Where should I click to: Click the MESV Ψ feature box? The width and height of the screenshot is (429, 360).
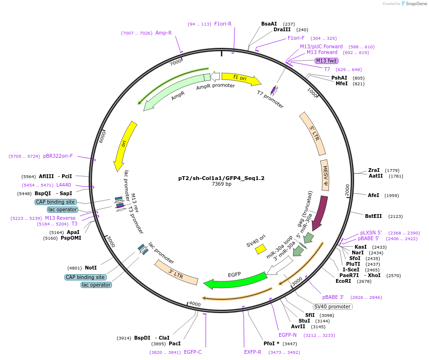click(325, 175)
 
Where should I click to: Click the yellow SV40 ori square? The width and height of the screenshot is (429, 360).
click(261, 249)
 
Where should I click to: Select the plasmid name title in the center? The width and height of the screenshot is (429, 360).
click(221, 178)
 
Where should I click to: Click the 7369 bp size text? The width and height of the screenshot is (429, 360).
click(221, 184)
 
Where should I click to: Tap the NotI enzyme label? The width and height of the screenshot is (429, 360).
click(91, 268)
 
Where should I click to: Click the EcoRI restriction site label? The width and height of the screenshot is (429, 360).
click(343, 281)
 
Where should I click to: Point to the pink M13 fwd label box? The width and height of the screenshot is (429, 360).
click(326, 61)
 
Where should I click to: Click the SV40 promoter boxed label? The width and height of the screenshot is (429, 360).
click(332, 306)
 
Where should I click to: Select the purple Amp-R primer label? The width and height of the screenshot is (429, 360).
click(164, 33)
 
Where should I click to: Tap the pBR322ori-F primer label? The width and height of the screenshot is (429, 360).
click(58, 156)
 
